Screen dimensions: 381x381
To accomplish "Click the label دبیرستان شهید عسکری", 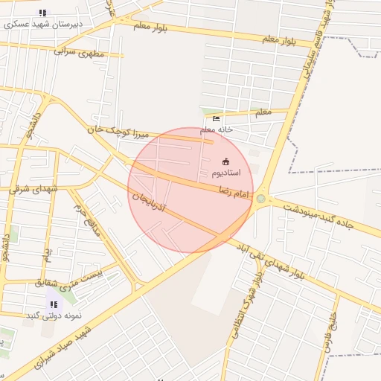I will coord(42,25).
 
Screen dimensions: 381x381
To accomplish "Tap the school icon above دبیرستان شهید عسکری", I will coord(42,13).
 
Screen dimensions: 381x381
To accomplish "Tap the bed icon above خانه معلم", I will coord(217,118).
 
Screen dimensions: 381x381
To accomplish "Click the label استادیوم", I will coord(227,173).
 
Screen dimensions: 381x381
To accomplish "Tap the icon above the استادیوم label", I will coord(227,161).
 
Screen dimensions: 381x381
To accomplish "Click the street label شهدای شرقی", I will coord(33,189).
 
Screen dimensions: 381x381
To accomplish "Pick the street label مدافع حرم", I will coord(96,222).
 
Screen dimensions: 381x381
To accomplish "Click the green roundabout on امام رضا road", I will coord(261,199).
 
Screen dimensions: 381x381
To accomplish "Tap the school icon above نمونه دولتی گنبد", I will coord(53,304).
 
